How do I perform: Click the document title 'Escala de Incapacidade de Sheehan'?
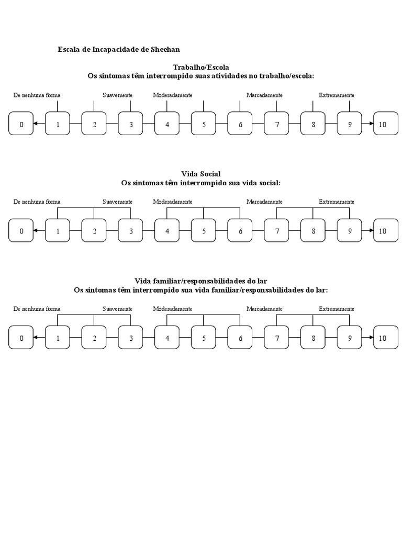coord(118,50)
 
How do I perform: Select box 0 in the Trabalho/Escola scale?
coord(21,124)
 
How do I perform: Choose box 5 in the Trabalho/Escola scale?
coord(204,124)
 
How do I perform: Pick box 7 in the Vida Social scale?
coord(276,231)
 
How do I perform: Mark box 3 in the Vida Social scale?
coord(131,231)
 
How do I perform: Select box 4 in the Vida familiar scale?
coord(167,338)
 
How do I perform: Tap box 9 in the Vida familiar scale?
coord(349,338)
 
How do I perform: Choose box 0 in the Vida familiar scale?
coord(21,338)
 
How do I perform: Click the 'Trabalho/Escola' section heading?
coord(201,67)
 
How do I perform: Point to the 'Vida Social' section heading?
coord(201,174)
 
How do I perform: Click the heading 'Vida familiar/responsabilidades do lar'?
coord(201,281)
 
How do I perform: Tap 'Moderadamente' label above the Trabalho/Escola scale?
coord(172,95)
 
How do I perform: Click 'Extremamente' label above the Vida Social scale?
coord(337,202)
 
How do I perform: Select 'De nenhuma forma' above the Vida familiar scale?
coord(37,309)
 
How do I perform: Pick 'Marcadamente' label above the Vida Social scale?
coord(264,202)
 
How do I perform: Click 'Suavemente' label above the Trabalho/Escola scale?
coord(117,95)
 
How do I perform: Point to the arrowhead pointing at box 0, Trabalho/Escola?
coord(35,124)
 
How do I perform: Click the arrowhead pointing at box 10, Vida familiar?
coord(371,338)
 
